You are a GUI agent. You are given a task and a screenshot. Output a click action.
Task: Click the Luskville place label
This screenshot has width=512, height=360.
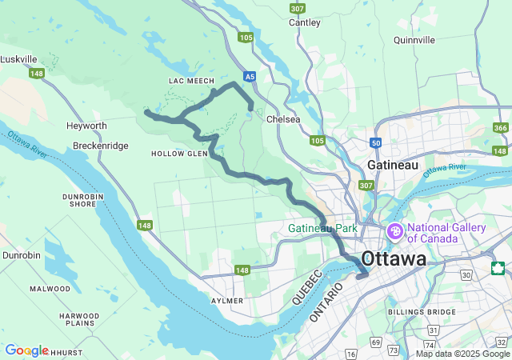[20, 59]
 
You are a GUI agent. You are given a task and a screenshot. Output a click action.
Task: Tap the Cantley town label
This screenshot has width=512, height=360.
[305, 23]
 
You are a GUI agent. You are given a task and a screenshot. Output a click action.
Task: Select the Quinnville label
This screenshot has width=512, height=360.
[414, 39]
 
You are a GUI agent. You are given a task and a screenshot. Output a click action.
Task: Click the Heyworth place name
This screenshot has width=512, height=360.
[86, 126]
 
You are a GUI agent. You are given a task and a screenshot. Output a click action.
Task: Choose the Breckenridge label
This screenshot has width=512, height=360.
[100, 146]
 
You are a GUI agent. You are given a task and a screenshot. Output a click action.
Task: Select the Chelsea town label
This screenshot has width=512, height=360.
[283, 119]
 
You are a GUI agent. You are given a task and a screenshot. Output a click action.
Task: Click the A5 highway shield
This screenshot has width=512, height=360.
[250, 77]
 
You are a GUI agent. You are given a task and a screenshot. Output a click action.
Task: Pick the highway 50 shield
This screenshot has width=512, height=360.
[376, 142]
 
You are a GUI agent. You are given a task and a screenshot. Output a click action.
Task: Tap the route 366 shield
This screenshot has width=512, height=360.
[501, 128]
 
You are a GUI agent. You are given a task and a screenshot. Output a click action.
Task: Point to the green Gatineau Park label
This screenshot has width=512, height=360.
[323, 229]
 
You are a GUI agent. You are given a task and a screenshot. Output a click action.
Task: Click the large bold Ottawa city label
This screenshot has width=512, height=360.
[394, 259]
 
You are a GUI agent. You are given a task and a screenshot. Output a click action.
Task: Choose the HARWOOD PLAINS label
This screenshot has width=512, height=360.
[78, 320]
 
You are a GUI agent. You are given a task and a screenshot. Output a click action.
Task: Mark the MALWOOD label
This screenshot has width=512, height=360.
[50, 289]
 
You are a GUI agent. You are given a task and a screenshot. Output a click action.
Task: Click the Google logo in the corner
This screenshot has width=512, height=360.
[26, 350]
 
